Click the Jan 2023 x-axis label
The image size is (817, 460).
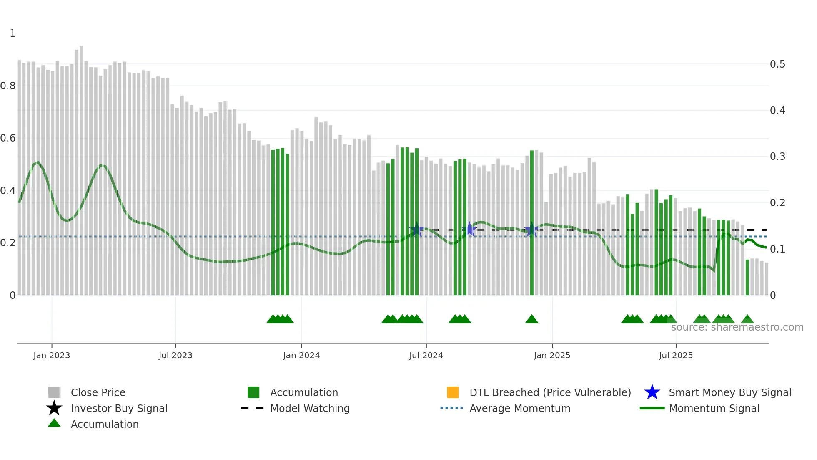tap(52, 355)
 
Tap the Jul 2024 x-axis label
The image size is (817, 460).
tap(426, 355)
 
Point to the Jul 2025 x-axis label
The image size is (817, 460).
tap(676, 355)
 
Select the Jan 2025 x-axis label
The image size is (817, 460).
tap(552, 355)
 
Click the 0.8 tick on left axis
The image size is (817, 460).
tap(8, 86)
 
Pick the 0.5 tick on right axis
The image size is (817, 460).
tap(777, 64)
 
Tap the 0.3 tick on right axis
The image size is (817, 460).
tap(777, 157)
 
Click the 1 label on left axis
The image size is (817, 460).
tap(13, 33)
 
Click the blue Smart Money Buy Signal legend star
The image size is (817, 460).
tap(652, 392)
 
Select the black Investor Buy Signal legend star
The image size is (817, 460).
tap(54, 408)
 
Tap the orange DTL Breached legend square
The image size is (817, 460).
tap(453, 392)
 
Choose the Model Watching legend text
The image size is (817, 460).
tap(310, 408)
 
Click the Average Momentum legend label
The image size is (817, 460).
tap(520, 408)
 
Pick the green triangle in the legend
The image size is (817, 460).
tap(54, 423)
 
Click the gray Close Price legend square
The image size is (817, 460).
tap(54, 392)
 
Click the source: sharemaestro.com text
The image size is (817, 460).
tap(737, 327)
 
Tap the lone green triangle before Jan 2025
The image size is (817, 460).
tap(531, 319)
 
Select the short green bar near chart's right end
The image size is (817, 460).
tap(747, 278)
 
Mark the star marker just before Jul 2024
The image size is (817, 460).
tap(416, 229)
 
